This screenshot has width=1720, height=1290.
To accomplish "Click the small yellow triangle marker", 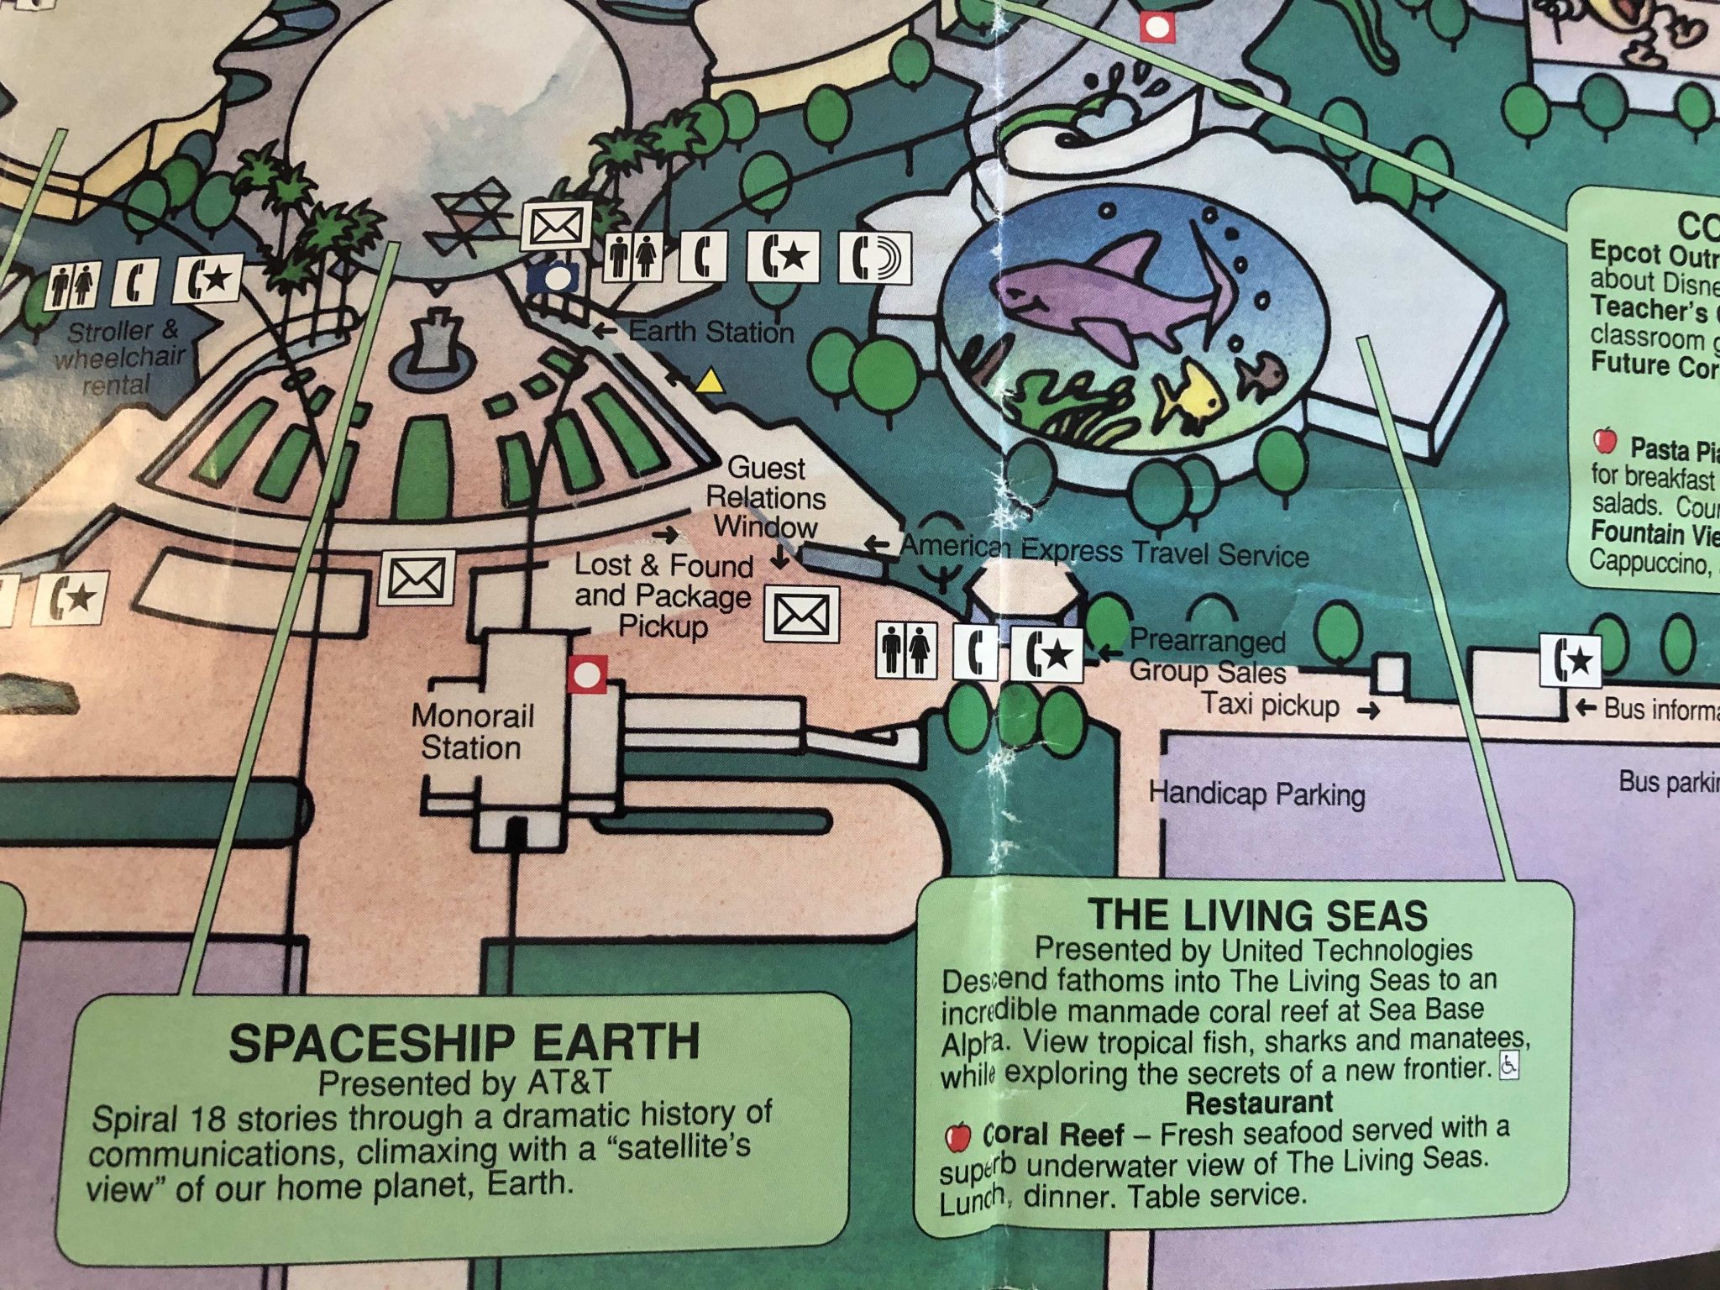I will tap(711, 382).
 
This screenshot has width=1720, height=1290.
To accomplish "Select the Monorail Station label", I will tap(472, 732).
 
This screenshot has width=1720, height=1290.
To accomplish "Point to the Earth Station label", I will tap(711, 332).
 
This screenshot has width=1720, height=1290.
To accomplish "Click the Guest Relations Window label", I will tap(765, 497).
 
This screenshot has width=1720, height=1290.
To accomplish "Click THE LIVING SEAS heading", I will tap(1257, 915).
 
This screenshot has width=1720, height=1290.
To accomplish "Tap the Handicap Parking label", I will tap(1256, 794).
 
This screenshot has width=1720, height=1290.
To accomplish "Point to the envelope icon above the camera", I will tap(556, 225).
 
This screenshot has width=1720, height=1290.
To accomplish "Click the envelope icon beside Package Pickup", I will tap(801, 616).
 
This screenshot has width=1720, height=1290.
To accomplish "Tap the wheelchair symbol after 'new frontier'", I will tap(1509, 1065).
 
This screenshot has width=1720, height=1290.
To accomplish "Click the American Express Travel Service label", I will tap(1104, 551).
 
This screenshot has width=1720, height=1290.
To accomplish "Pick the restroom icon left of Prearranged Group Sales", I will tap(906, 650).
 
